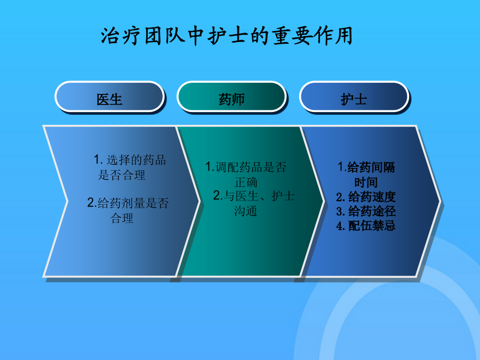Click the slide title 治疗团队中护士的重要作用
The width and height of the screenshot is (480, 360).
point(227,36)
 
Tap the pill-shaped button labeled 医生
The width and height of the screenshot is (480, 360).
point(109,97)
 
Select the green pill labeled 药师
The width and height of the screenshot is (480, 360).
point(232,97)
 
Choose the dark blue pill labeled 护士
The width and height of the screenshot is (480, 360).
point(354,97)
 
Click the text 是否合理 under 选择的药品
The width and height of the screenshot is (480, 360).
point(122,175)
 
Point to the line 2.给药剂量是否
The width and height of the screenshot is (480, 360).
point(128,203)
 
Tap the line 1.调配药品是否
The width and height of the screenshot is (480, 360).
point(246,167)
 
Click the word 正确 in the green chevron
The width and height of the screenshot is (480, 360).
point(246,182)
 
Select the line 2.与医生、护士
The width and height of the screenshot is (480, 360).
point(254,196)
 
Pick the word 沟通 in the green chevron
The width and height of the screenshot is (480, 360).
point(246,211)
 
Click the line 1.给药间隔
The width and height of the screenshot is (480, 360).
point(366,167)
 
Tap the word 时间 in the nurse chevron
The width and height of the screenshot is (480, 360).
point(366,182)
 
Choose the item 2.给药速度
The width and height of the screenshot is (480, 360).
point(366,197)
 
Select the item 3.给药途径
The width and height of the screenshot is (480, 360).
point(366,211)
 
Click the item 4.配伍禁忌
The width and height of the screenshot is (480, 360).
point(366,226)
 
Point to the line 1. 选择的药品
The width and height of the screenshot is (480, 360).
point(130,160)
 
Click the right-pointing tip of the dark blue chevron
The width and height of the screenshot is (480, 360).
point(440,201)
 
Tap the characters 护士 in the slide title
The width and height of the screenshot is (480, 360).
point(227,36)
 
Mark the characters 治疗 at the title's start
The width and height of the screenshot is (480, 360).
point(121,36)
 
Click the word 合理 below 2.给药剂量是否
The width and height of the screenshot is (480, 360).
point(122,218)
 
